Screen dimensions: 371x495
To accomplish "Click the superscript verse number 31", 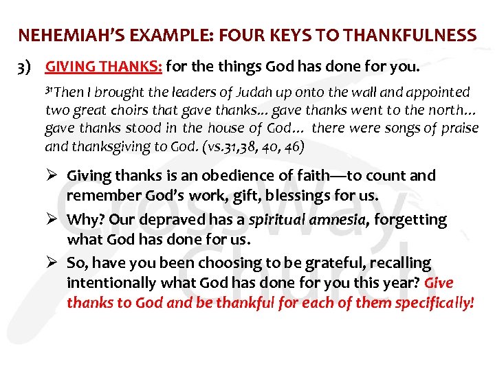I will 49,89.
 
